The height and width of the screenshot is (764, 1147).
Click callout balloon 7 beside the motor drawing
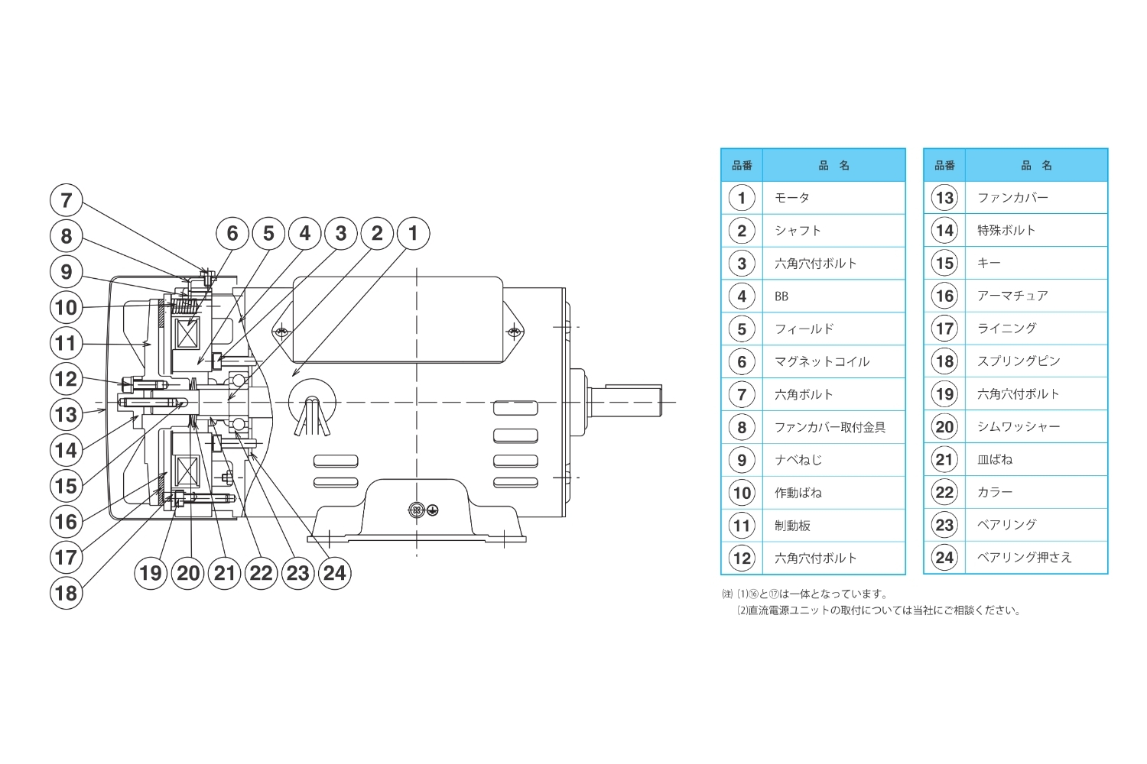coord(66,200)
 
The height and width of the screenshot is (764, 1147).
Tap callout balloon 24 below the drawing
coord(334,572)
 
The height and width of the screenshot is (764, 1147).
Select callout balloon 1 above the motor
coord(413,233)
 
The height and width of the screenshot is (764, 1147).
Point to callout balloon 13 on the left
coord(66,415)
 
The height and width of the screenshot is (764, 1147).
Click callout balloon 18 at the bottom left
coord(66,593)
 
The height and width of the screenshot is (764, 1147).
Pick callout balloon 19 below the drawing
coord(151,572)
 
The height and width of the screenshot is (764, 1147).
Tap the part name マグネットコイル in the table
coord(822,362)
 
